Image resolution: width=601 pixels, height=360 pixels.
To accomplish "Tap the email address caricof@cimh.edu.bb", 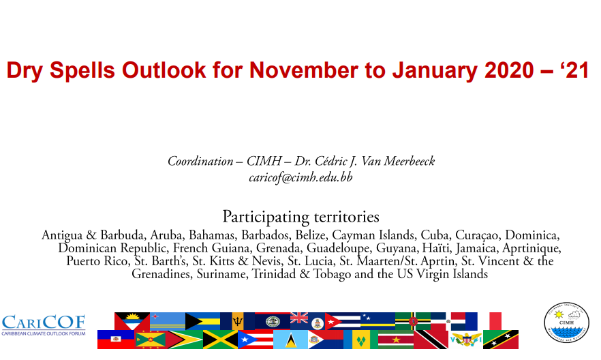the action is pos(300,177).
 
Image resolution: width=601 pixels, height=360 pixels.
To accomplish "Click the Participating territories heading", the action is pos(301,217).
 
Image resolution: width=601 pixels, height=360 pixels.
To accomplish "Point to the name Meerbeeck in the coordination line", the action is pos(410,161).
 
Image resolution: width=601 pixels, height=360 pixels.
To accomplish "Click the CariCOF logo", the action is pos(44,325).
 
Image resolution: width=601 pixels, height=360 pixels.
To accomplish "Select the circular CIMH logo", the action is pos(566,322).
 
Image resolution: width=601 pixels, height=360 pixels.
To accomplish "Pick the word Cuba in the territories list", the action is pos(435,235).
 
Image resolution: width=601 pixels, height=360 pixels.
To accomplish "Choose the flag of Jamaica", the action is pos(220,340).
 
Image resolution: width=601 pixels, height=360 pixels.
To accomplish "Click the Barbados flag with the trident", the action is pos(238,321).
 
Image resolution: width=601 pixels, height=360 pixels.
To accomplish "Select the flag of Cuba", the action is pos(343,321).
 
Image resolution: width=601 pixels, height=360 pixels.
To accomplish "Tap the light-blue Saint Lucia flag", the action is pos(290,340).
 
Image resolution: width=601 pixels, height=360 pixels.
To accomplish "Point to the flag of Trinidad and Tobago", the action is pos(431,340).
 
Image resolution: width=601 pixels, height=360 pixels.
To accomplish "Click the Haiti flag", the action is pos(116,340).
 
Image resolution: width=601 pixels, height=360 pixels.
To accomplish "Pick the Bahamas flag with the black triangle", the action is pos(203,321).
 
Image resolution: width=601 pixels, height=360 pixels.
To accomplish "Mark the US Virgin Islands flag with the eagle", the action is pos(465,340).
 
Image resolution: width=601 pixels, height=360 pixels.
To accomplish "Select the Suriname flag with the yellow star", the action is pos(396,340).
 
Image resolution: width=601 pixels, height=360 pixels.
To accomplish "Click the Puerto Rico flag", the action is pos(256,340).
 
